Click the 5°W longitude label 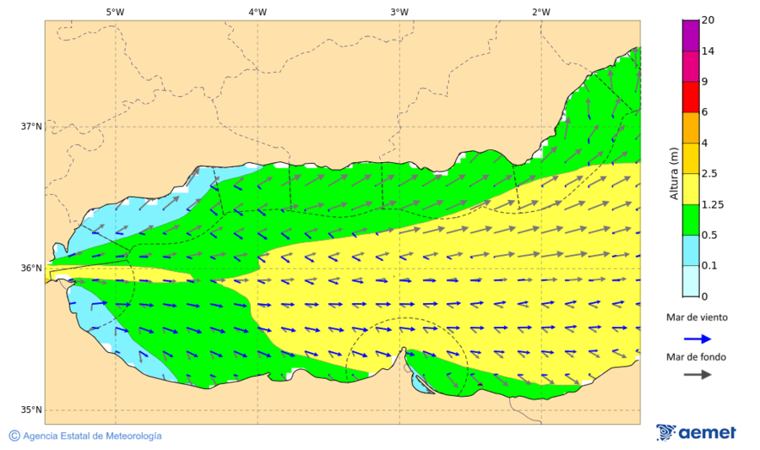click(x=115, y=12)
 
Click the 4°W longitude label click(x=258, y=12)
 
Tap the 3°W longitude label click(x=399, y=12)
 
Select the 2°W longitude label click(x=541, y=12)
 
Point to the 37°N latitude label click(x=31, y=127)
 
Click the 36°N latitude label click(x=31, y=268)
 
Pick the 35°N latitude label click(x=31, y=410)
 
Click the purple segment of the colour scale click(x=691, y=35)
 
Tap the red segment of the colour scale click(x=691, y=96)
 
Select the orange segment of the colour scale click(x=691, y=127)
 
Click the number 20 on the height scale click(x=708, y=20)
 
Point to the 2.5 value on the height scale click(x=711, y=174)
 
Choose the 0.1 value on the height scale click(x=711, y=265)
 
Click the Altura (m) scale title click(x=674, y=172)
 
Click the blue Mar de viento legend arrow click(x=697, y=338)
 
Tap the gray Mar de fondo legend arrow click(x=697, y=375)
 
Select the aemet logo click(x=696, y=432)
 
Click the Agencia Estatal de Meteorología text click(x=92, y=436)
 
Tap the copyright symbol click(x=14, y=436)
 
